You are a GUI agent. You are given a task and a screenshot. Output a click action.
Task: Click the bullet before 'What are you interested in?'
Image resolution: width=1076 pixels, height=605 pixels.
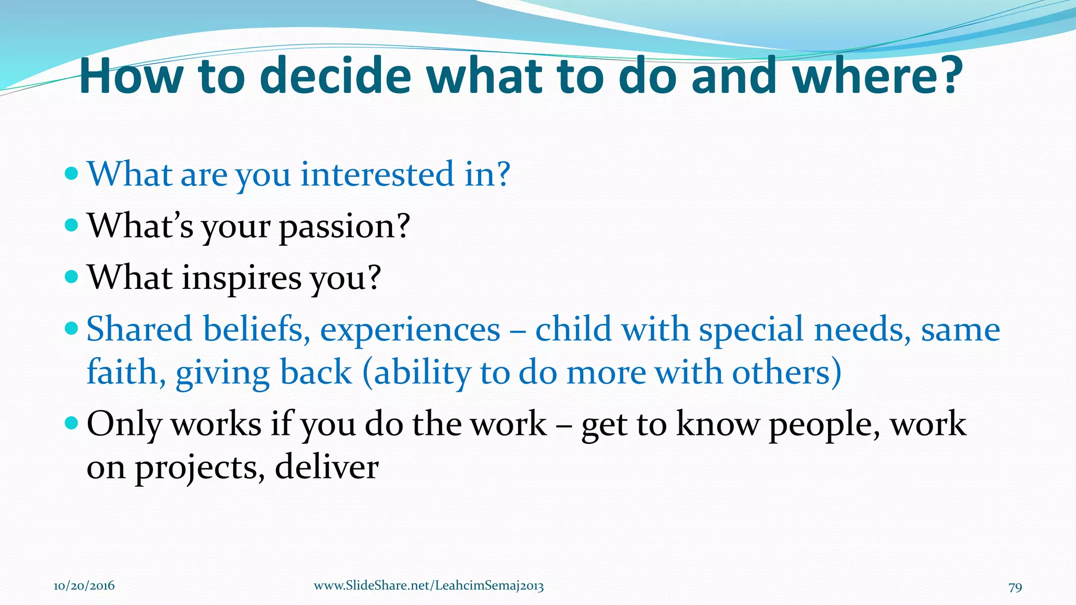click(x=71, y=173)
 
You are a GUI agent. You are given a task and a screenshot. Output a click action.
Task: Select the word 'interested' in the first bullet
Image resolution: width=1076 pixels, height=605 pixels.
click(x=377, y=174)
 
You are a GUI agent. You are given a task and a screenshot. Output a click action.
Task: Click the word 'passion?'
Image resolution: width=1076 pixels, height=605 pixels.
click(x=344, y=227)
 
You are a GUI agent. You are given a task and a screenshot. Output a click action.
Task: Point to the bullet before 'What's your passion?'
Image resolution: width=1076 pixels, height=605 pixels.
click(x=71, y=225)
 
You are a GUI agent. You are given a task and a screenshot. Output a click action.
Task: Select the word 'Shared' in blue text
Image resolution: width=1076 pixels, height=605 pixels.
click(x=139, y=330)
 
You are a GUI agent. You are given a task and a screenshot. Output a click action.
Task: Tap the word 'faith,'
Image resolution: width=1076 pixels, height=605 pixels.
click(x=126, y=373)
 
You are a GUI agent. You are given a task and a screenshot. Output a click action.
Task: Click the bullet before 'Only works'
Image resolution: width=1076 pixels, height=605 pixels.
click(x=71, y=422)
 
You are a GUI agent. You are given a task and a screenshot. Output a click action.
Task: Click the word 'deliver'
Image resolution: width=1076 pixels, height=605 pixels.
click(x=326, y=467)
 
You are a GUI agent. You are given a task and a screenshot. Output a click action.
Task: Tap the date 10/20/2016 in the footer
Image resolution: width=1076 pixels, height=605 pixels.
click(x=84, y=586)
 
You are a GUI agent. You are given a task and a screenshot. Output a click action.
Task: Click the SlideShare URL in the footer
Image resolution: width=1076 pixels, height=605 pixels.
click(x=429, y=586)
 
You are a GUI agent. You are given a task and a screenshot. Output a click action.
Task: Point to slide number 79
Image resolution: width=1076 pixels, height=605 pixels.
click(x=1015, y=587)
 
